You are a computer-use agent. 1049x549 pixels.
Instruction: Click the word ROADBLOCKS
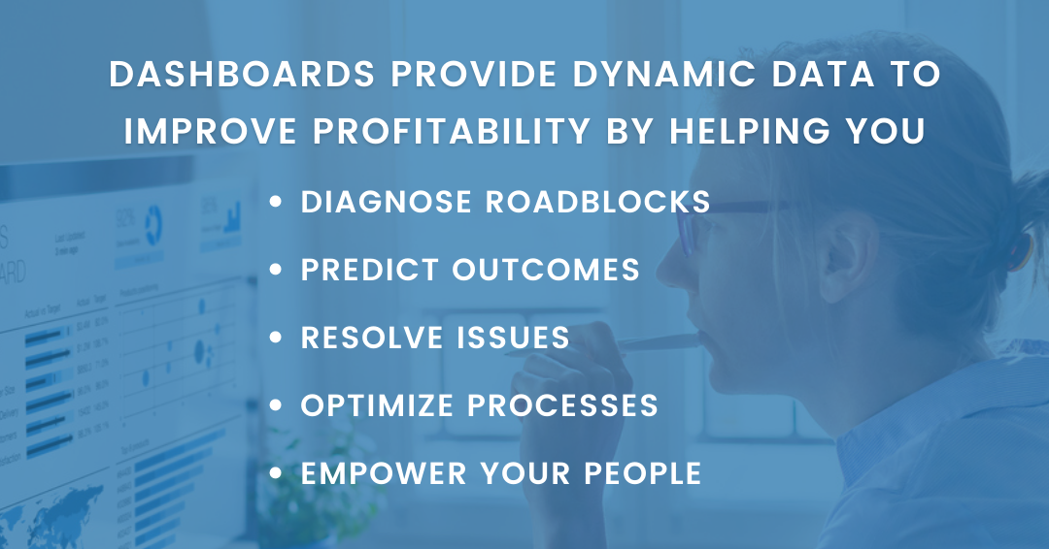click(x=596, y=202)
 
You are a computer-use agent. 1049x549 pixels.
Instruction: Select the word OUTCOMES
click(x=548, y=270)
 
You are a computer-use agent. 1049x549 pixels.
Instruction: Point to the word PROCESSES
click(x=565, y=405)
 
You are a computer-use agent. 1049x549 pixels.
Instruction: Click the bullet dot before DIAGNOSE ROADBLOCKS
click(x=279, y=203)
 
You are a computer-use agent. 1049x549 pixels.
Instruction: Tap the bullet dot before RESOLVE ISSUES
click(x=279, y=339)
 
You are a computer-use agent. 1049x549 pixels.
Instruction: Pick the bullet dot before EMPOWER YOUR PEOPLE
click(x=279, y=474)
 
